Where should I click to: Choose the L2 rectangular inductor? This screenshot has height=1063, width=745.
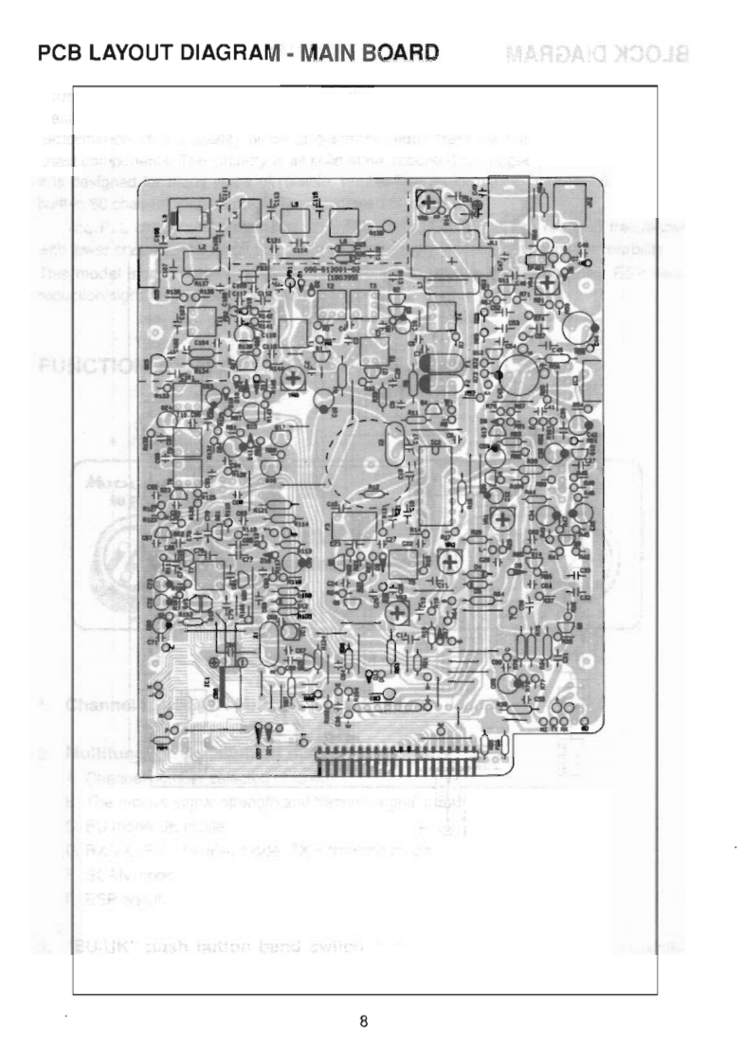click(190, 256)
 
